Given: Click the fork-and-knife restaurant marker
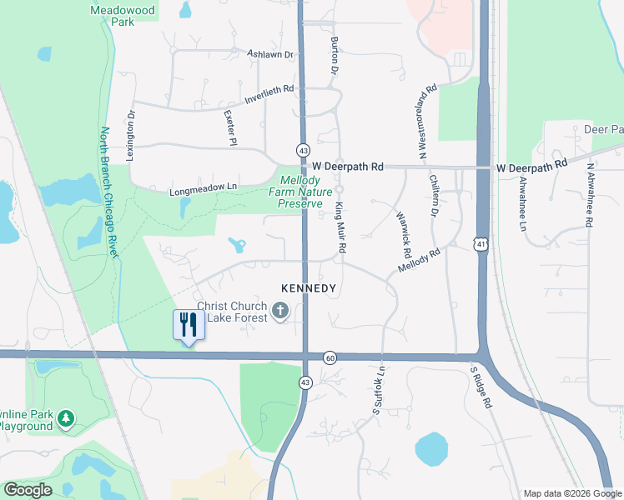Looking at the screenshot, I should point(188,324).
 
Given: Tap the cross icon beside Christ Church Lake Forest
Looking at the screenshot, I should point(280,312).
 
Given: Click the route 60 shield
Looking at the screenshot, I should point(330,357).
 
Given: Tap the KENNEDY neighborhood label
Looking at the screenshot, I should point(308,288).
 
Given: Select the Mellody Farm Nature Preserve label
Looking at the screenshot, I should point(299,192).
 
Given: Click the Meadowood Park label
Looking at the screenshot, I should point(113,16).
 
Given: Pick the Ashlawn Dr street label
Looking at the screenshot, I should point(271,55).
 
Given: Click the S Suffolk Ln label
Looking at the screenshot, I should point(379,390).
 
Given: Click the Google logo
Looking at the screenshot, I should point(28,489).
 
